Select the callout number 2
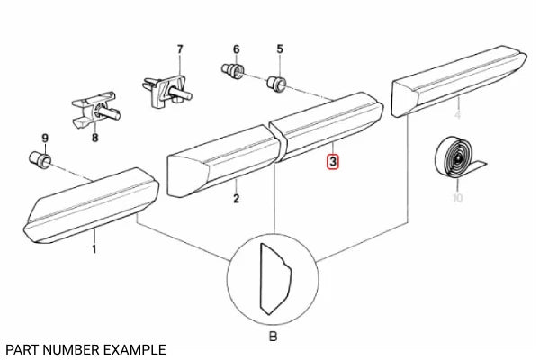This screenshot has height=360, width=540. [236, 199]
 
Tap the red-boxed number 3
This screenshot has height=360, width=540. [333, 163]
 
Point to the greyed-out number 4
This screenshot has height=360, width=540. [457, 116]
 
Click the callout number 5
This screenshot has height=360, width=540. [279, 49]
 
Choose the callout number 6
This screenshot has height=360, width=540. [237, 49]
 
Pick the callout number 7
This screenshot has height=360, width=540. [179, 49]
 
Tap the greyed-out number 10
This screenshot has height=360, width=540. [457, 198]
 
